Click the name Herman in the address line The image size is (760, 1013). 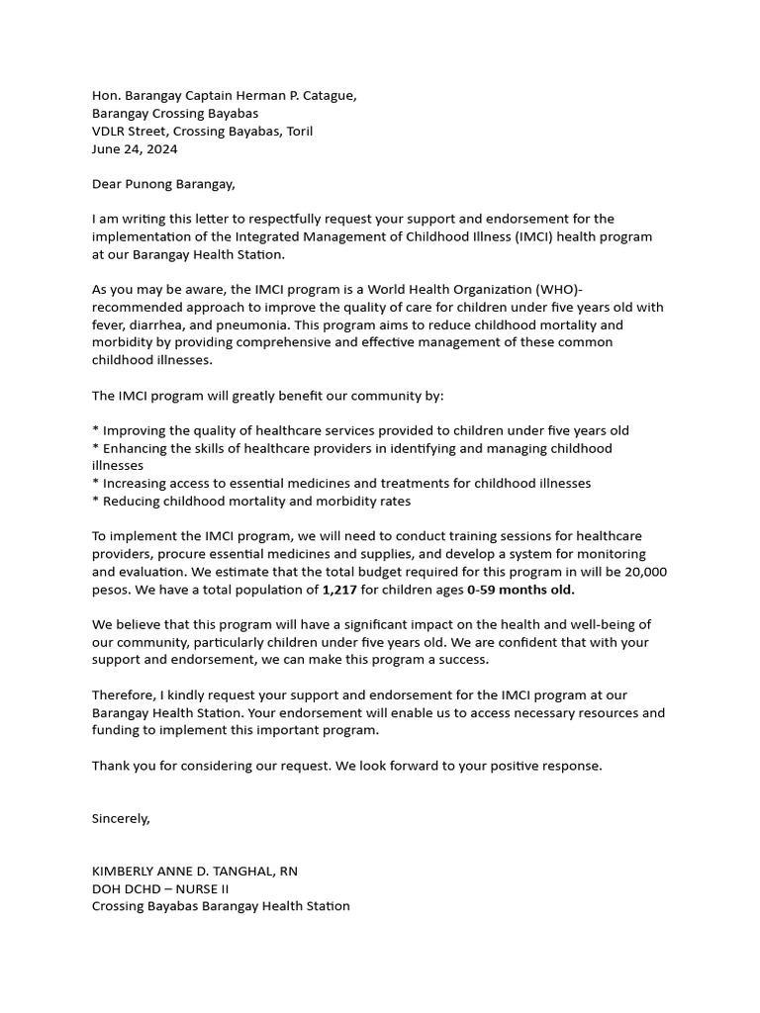click(252, 96)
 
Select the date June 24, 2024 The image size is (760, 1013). click(135, 149)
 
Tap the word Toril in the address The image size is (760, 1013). click(299, 132)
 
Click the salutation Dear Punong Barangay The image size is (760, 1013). click(163, 184)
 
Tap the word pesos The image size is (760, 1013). click(111, 590)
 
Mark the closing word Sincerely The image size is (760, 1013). click(121, 818)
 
